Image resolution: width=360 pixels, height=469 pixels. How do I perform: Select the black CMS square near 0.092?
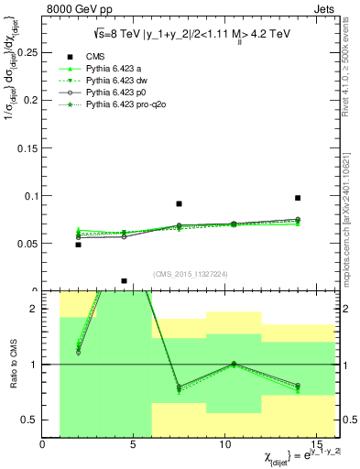(x=180, y=203)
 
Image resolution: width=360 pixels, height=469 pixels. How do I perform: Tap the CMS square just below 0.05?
(x=78, y=245)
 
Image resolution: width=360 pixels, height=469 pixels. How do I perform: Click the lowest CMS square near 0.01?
(x=124, y=281)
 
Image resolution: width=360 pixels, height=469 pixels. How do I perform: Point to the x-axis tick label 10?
(x=225, y=444)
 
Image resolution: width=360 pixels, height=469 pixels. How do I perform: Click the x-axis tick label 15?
(x=316, y=444)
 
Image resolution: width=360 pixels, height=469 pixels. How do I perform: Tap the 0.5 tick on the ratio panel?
(x=29, y=420)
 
